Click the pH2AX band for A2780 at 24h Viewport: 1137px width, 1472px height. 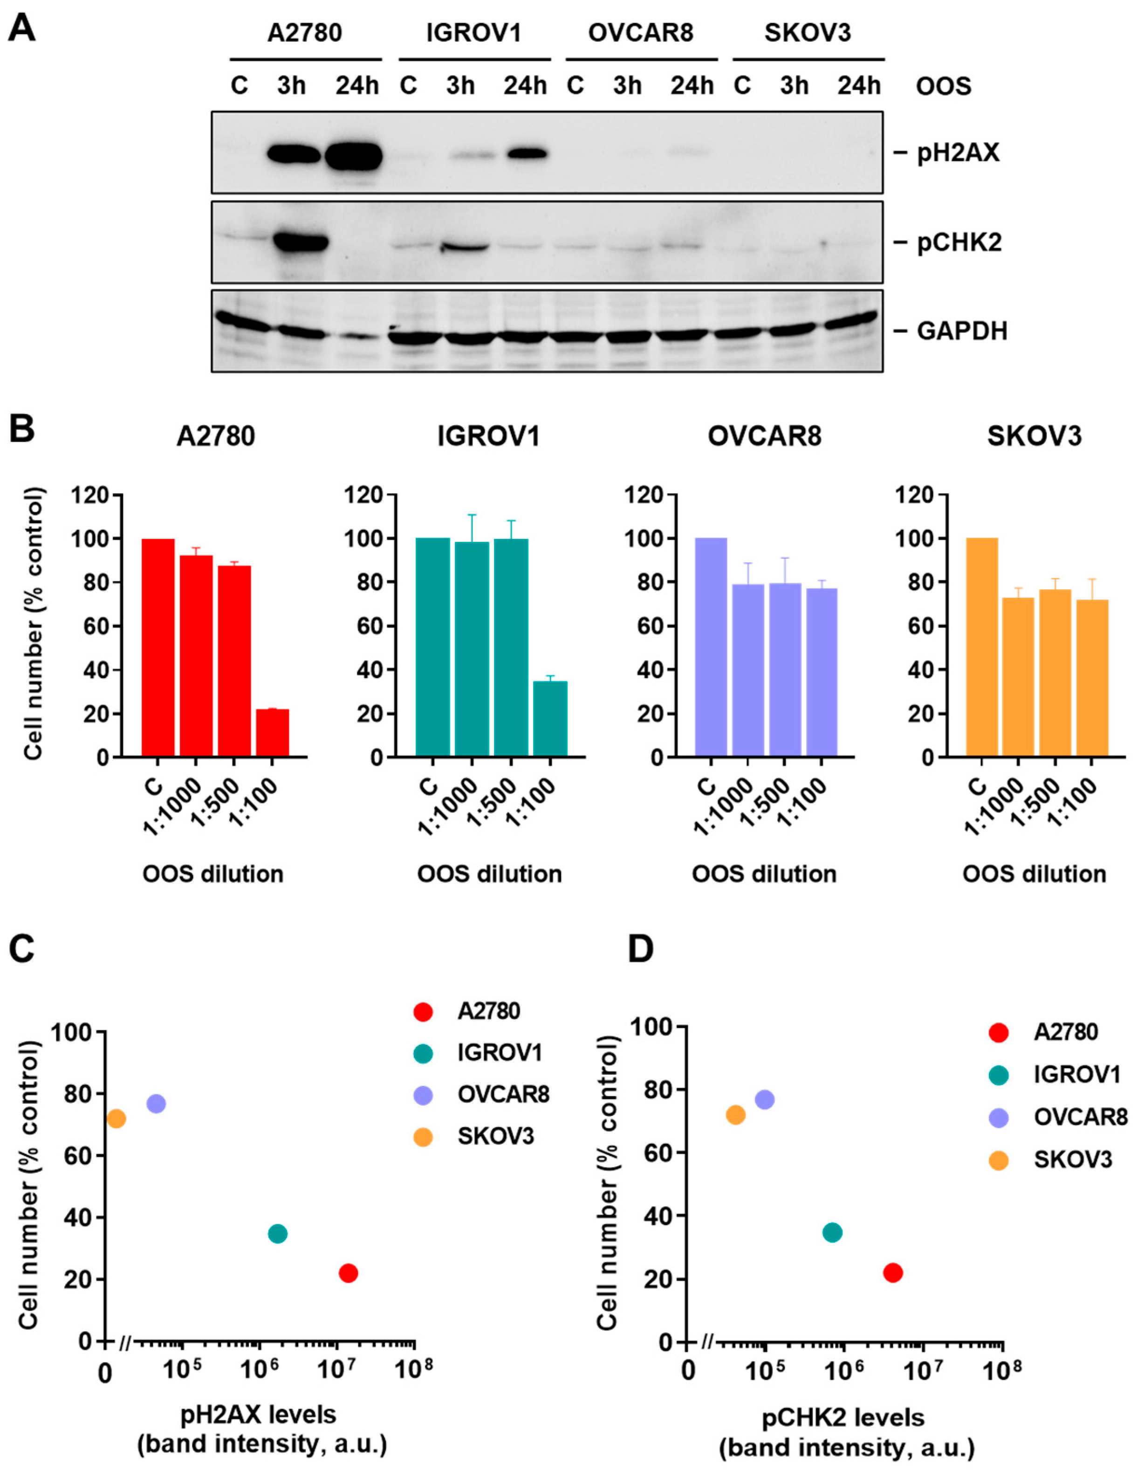354,156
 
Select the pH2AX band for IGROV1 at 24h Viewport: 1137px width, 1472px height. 526,154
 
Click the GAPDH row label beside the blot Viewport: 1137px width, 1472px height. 961,331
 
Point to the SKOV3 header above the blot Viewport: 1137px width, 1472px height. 807,32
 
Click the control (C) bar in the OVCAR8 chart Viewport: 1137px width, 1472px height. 711,647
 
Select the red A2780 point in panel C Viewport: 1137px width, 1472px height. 348,1273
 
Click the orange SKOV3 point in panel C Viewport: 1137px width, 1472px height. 116,1118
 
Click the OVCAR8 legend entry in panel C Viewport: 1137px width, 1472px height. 503,1095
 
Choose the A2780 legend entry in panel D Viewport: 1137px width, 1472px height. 1066,1032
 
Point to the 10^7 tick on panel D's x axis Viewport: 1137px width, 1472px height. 924,1370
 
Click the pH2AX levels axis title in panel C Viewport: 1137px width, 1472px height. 259,1414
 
